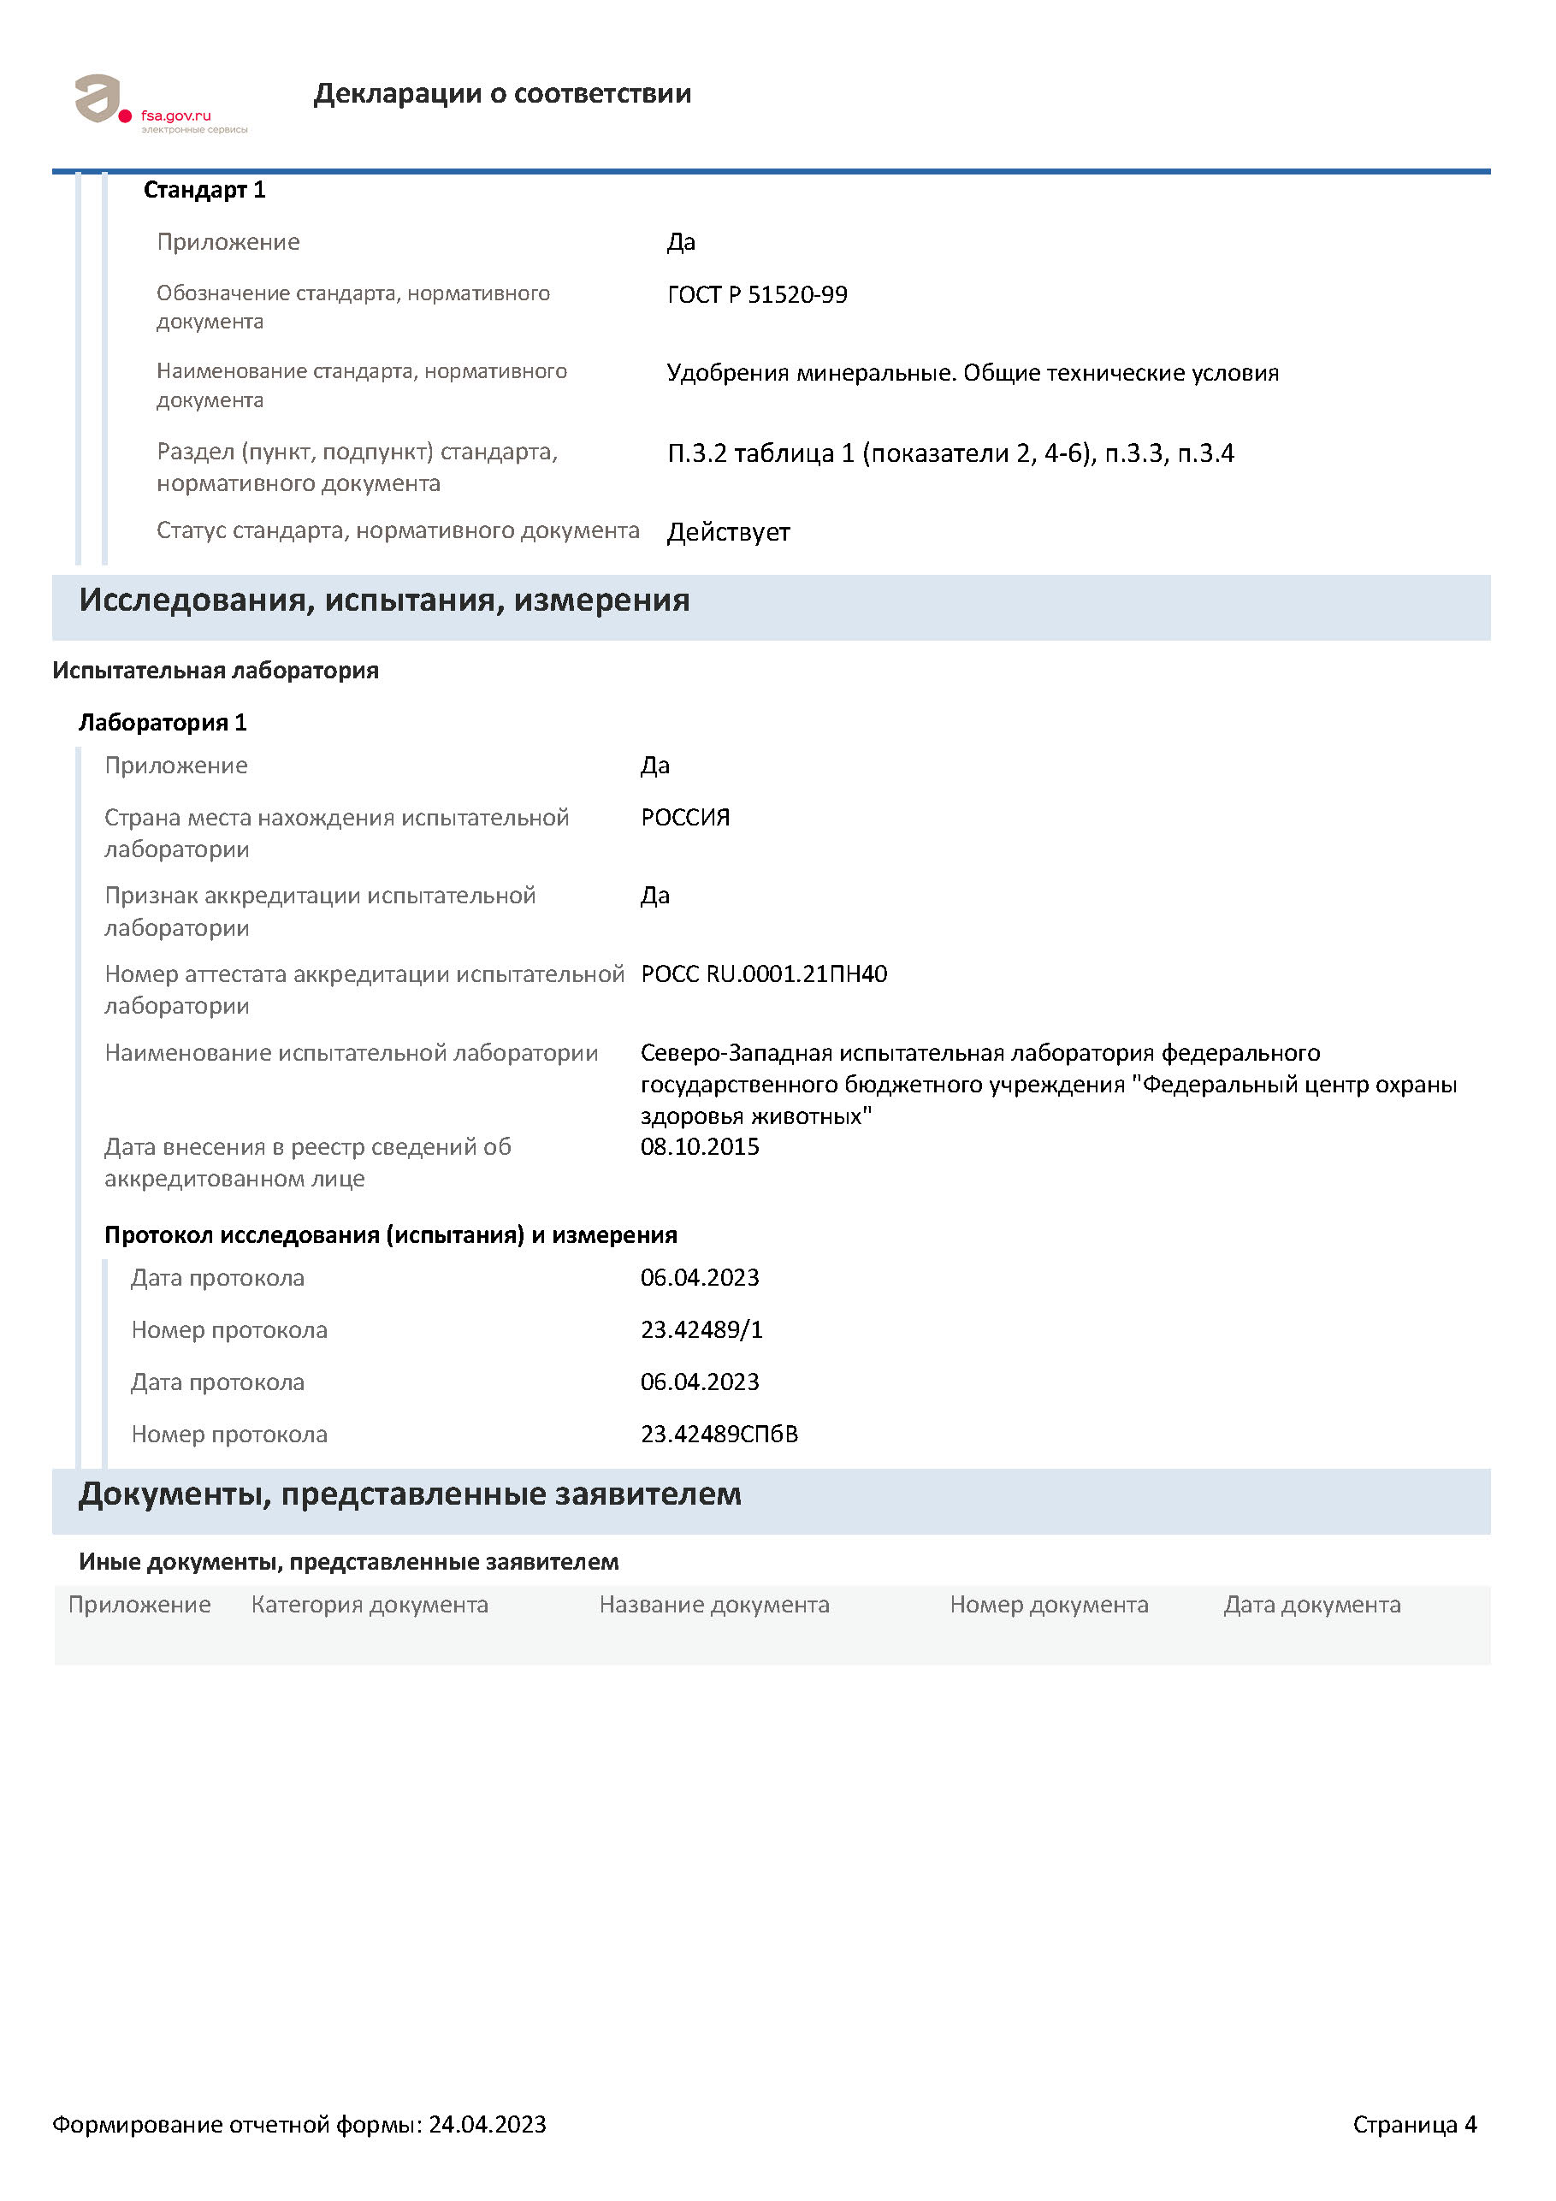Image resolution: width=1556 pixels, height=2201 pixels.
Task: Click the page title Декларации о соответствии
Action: click(501, 93)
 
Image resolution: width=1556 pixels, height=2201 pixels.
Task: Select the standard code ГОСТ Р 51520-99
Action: click(756, 294)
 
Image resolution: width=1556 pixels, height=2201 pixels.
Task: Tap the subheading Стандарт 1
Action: click(204, 190)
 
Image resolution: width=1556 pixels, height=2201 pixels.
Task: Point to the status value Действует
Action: click(728, 532)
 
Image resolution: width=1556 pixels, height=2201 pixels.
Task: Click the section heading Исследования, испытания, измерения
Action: click(383, 601)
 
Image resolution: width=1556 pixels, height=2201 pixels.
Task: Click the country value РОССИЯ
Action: click(684, 817)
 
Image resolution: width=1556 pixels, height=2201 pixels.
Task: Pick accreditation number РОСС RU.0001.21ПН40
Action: click(763, 974)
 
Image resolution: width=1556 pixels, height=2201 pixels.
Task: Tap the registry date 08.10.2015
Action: click(699, 1146)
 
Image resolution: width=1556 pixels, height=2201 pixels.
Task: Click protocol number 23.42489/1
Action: click(701, 1329)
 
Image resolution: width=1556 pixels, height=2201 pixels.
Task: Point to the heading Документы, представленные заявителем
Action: click(410, 1494)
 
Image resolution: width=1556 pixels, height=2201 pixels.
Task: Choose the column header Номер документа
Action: click(1048, 1605)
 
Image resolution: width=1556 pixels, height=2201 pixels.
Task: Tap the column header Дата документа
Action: click(1310, 1605)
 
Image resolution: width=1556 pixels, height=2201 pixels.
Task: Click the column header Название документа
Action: click(713, 1605)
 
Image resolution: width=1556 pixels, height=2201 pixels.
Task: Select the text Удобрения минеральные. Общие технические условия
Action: click(972, 373)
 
